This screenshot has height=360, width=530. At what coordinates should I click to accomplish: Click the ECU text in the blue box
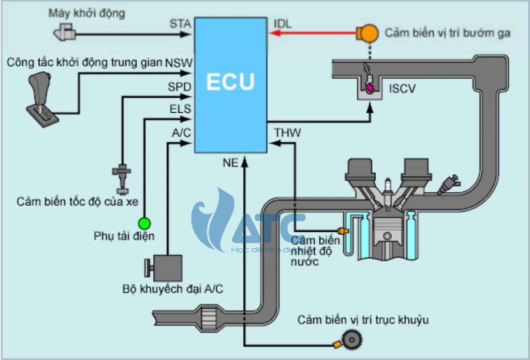tap(230, 82)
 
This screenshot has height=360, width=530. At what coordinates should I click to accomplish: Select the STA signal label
tap(180, 24)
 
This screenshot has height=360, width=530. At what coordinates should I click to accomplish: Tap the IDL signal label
tap(282, 24)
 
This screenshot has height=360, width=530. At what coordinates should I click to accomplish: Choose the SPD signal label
tap(180, 86)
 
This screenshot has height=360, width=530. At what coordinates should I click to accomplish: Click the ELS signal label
tap(180, 110)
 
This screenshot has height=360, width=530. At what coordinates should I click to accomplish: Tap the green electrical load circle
tap(144, 223)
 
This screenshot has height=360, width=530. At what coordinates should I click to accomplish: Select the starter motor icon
tap(64, 34)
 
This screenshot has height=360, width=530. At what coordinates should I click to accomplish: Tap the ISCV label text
tap(402, 89)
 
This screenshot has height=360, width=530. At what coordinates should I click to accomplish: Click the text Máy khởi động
tap(87, 12)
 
